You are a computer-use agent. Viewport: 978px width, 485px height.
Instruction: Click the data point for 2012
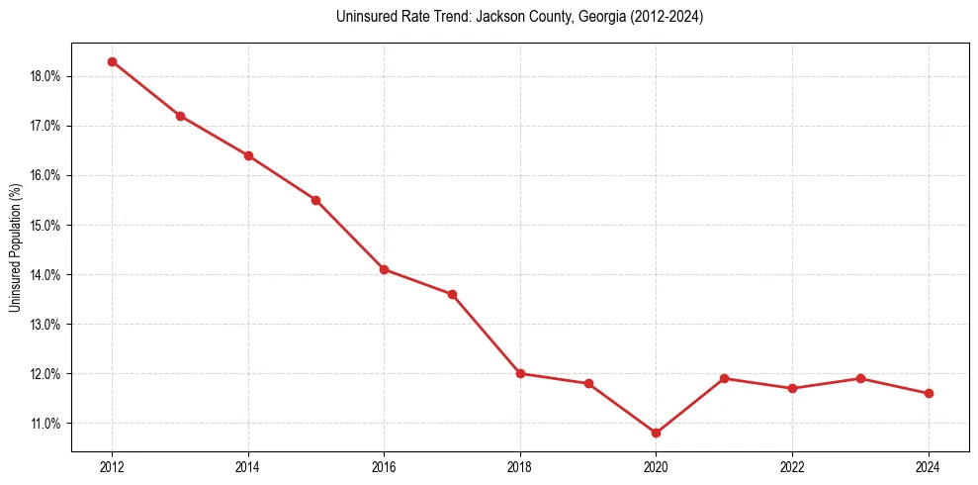(x=112, y=61)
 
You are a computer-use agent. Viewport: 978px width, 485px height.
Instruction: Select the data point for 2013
(x=180, y=116)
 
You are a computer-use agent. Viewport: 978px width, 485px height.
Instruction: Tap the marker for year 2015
(x=315, y=200)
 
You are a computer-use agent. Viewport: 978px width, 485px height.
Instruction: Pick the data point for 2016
(x=384, y=269)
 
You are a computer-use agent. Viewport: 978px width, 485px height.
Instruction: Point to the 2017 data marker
(x=452, y=294)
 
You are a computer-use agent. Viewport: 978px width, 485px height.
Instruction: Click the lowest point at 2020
(x=656, y=433)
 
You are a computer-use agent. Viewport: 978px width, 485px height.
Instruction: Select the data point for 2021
(x=724, y=378)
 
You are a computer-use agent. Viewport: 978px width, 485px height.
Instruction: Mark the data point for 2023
(x=860, y=378)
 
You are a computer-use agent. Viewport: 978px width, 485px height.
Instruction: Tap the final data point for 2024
(x=929, y=393)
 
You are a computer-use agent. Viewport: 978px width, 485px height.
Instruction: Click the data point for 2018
(x=520, y=373)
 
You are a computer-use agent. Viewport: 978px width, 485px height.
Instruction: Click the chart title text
(x=519, y=17)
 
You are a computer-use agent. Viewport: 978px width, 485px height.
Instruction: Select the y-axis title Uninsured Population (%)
(x=15, y=247)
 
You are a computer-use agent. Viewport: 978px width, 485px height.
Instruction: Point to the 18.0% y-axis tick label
(x=47, y=76)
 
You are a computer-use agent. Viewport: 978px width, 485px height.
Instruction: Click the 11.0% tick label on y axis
(x=47, y=424)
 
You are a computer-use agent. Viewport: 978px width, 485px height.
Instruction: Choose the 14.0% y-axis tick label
(x=47, y=274)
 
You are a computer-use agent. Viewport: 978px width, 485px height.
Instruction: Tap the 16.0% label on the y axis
(x=47, y=175)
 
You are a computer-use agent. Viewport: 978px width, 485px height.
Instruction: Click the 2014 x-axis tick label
(x=248, y=467)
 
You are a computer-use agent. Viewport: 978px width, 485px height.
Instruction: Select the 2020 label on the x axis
(x=656, y=467)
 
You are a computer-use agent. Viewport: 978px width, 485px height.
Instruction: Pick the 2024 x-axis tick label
(x=929, y=467)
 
